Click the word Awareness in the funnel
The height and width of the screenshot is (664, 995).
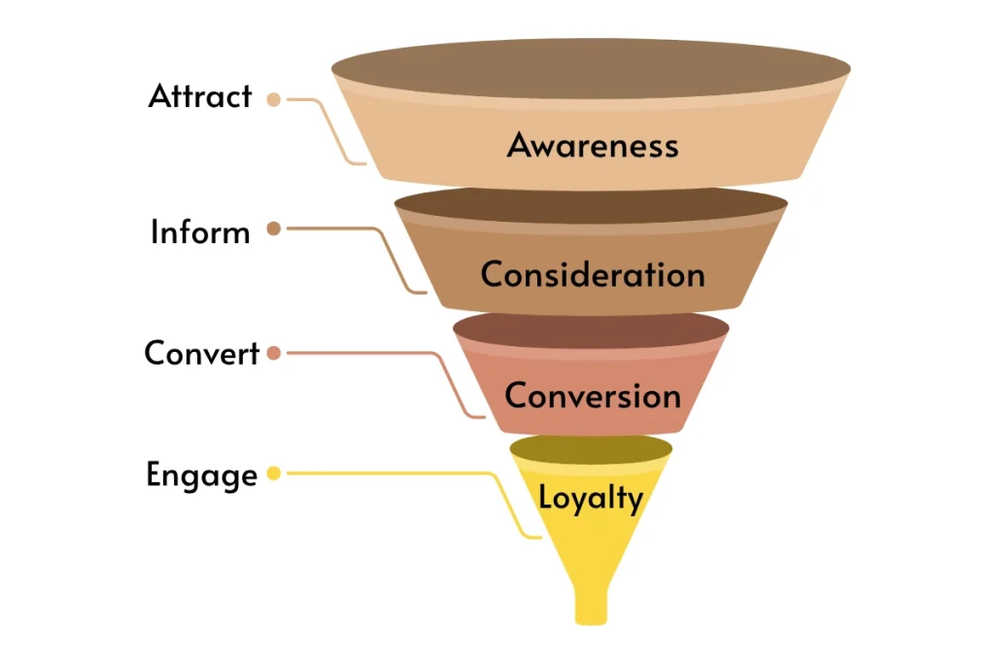592,146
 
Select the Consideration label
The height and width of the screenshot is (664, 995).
592,274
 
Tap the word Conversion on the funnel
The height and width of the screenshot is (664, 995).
592,396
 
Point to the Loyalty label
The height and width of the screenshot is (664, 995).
591,499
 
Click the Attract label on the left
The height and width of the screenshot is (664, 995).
200,96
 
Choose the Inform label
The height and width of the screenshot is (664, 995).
200,232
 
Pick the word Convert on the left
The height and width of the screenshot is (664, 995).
202,353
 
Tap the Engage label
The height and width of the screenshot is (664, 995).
202,475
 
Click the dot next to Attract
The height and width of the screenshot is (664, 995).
274,99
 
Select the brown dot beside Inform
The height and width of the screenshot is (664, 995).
274,229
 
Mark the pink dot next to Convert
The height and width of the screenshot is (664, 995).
274,353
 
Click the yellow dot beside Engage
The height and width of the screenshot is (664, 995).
274,473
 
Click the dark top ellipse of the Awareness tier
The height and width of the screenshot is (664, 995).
591,69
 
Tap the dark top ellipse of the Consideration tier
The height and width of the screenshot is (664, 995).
591,205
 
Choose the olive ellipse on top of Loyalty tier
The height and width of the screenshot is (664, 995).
591,447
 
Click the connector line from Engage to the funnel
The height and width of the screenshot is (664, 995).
408,473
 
